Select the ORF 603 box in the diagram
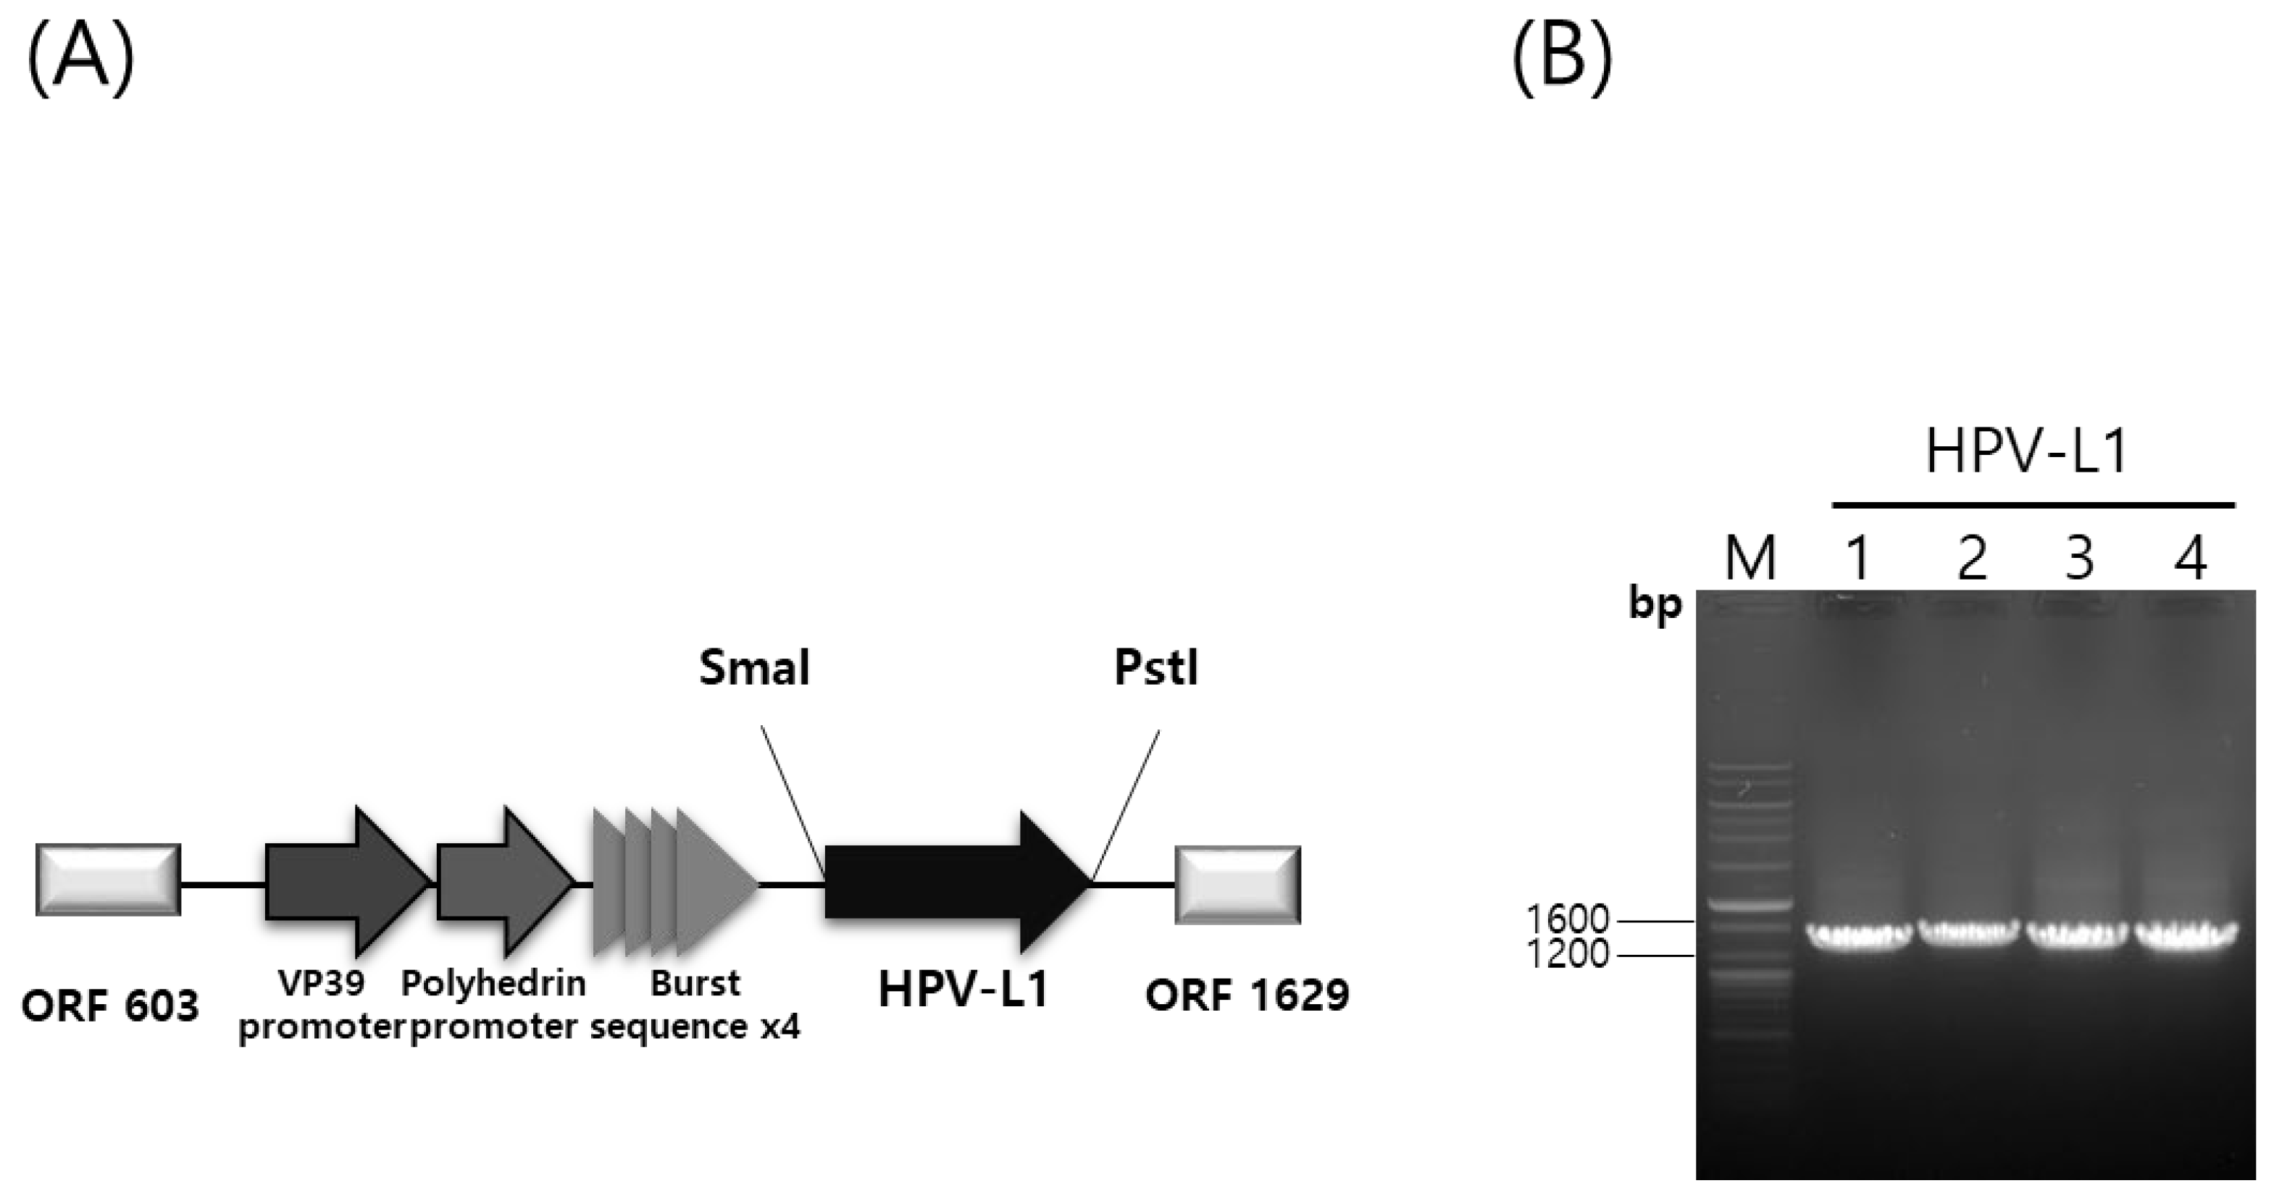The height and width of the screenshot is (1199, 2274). pos(109,880)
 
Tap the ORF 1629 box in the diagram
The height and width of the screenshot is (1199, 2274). pos(1237,885)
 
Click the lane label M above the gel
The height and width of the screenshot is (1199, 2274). pos(1750,558)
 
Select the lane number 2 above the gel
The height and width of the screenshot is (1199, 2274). pos(1971,558)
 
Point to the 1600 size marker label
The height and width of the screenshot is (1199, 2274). pos(1567,920)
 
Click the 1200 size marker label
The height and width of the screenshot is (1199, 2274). pos(1567,954)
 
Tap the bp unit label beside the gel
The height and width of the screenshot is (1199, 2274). pos(1655,606)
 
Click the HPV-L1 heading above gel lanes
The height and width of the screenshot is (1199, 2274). pos(2027,452)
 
